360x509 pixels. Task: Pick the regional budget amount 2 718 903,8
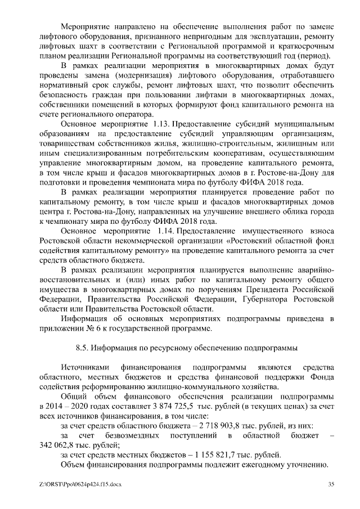(x=211, y=425)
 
